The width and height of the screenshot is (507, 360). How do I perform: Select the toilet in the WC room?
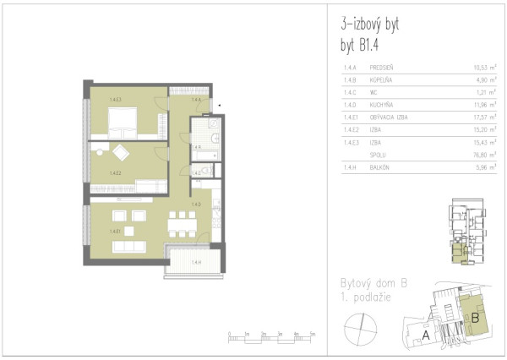point(208,172)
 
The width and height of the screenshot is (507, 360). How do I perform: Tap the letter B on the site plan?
point(475,318)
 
